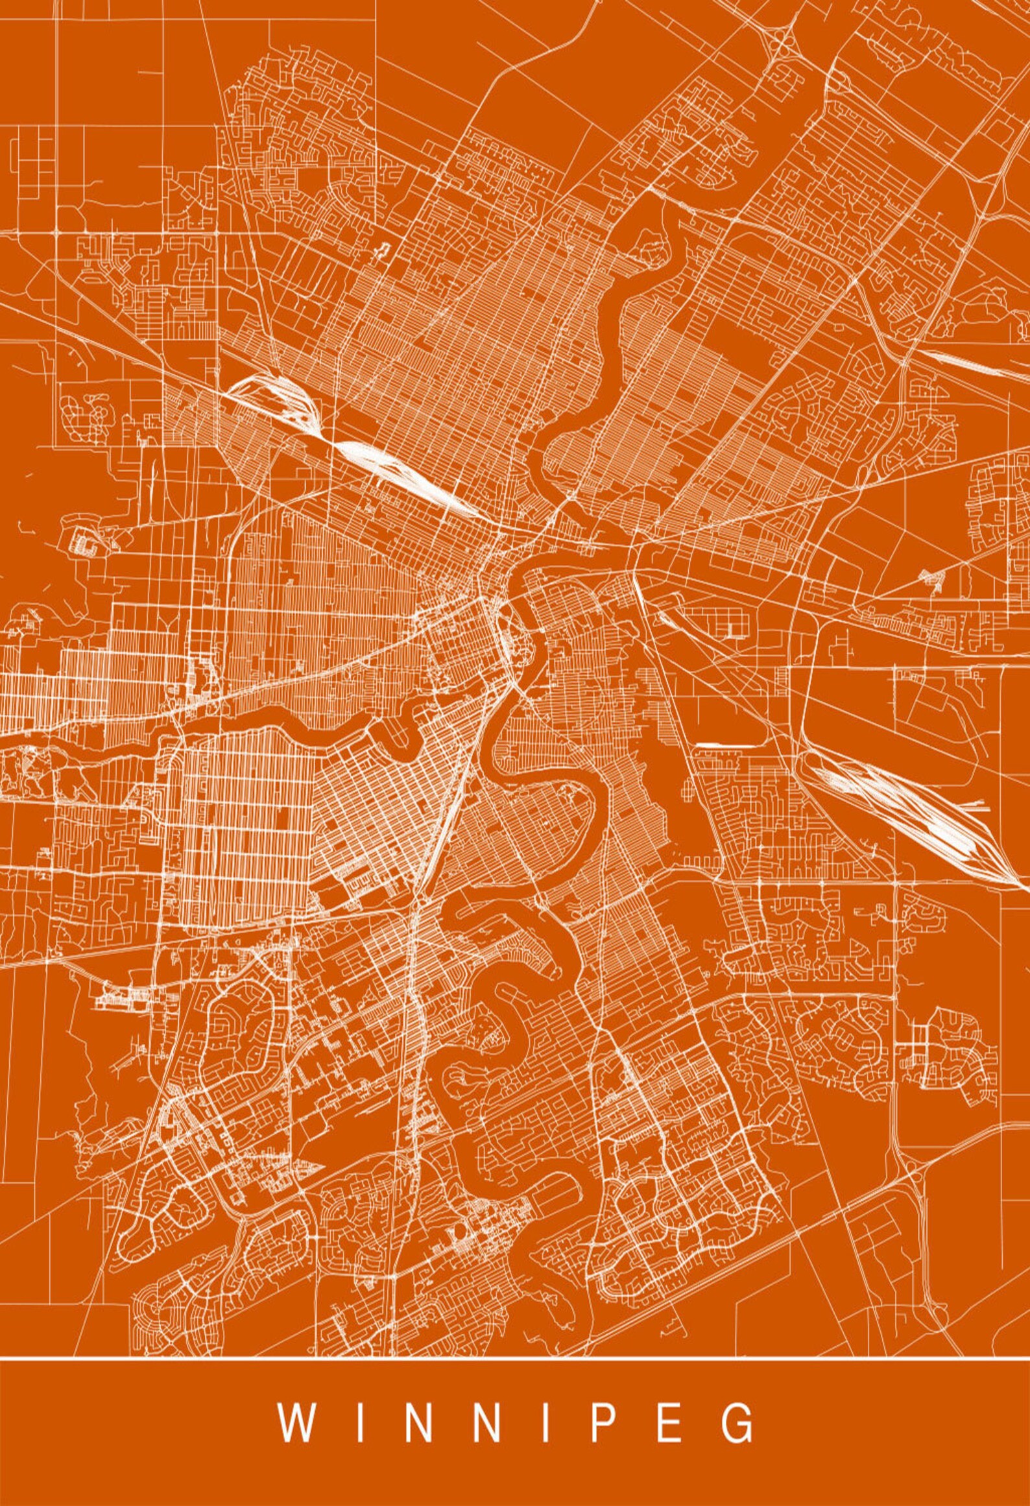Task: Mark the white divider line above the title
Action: pyautogui.click(x=515, y=1356)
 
